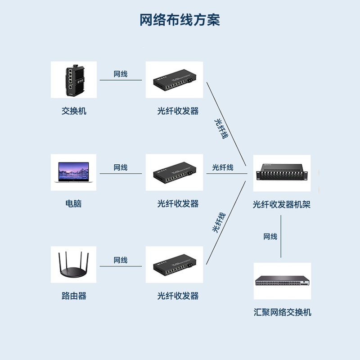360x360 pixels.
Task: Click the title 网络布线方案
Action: [180, 20]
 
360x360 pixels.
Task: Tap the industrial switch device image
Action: [73, 80]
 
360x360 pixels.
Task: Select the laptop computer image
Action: [73, 172]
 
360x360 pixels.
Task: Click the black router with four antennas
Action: [73, 265]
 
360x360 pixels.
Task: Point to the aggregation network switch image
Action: [282, 281]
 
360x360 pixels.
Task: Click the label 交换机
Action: [74, 111]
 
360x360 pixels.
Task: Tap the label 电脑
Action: [74, 203]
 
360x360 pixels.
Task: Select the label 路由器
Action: [74, 296]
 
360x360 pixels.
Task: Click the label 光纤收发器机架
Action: [282, 205]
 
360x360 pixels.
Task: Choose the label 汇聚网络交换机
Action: [282, 312]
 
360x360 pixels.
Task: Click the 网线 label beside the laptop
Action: [121, 167]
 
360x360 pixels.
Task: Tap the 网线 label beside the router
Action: [121, 260]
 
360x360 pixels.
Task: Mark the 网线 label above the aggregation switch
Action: [270, 237]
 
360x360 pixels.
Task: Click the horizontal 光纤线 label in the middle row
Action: [223, 167]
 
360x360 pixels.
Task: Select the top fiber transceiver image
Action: [174, 80]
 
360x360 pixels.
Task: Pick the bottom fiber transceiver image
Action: [174, 265]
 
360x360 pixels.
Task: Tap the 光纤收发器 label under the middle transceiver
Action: [178, 203]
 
